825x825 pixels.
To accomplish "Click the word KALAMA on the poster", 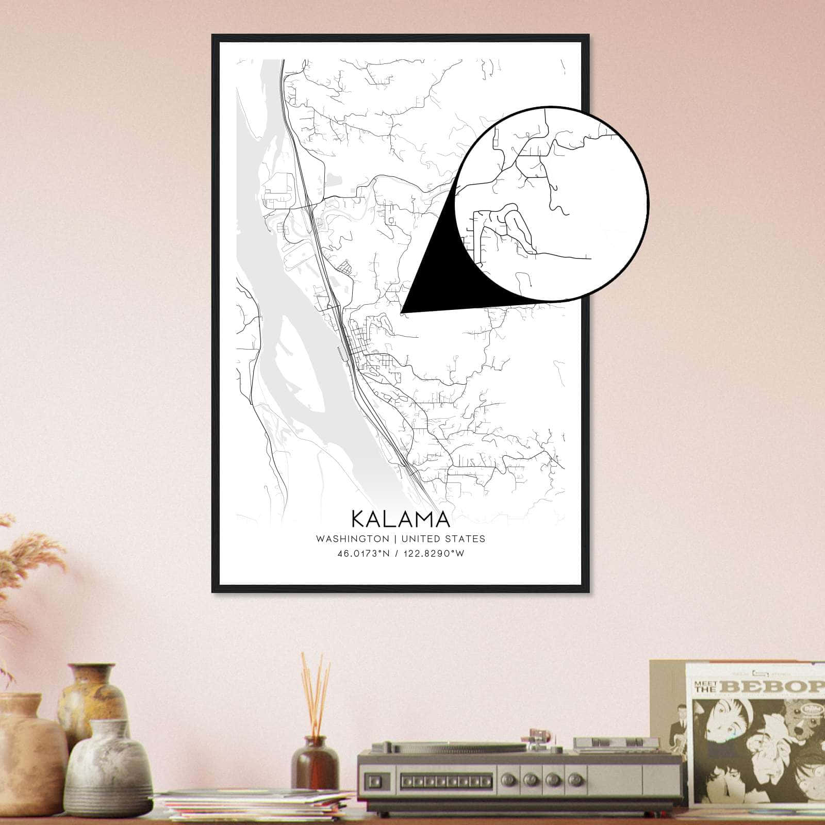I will [401, 519].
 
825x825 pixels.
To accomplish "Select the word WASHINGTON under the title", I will [353, 539].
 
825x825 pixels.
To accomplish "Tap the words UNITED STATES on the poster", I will [443, 539].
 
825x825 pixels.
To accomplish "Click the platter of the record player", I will [464, 749].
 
